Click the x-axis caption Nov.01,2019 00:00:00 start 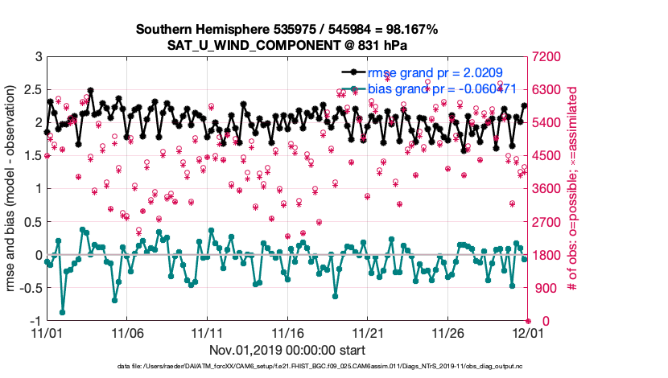[287, 351]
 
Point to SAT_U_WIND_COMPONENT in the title [287, 44]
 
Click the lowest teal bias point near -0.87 [63, 312]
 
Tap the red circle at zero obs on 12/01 [528, 321]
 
